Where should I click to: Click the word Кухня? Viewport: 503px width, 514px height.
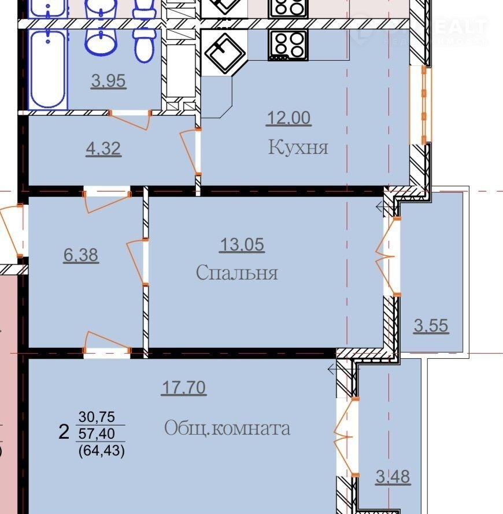[x=298, y=147]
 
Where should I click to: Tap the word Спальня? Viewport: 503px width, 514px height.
[x=237, y=272]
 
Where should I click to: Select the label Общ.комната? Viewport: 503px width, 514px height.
[x=227, y=428]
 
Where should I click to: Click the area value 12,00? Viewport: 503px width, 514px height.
[x=289, y=118]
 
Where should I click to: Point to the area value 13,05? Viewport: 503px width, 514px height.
[x=242, y=244]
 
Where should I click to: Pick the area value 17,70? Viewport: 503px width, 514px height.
[x=184, y=387]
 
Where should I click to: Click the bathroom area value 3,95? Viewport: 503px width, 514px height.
[x=108, y=80]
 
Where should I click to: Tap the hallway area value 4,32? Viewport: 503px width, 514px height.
[x=103, y=149]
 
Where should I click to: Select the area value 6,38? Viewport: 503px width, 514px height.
[x=80, y=255]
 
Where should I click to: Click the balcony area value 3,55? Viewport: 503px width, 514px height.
[x=431, y=325]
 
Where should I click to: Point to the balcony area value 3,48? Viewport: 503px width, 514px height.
[x=393, y=476]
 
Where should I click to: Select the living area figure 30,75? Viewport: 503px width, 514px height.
[x=97, y=417]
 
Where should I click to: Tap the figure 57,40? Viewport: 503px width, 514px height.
[x=97, y=434]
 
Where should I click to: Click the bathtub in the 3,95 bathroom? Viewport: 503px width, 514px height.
[x=48, y=69]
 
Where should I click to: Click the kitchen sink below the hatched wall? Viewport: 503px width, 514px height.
[x=224, y=53]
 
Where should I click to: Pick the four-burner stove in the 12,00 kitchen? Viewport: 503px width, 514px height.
[x=288, y=45]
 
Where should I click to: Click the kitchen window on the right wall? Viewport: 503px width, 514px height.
[x=421, y=105]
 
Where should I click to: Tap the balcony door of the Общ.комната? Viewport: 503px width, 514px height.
[x=347, y=437]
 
